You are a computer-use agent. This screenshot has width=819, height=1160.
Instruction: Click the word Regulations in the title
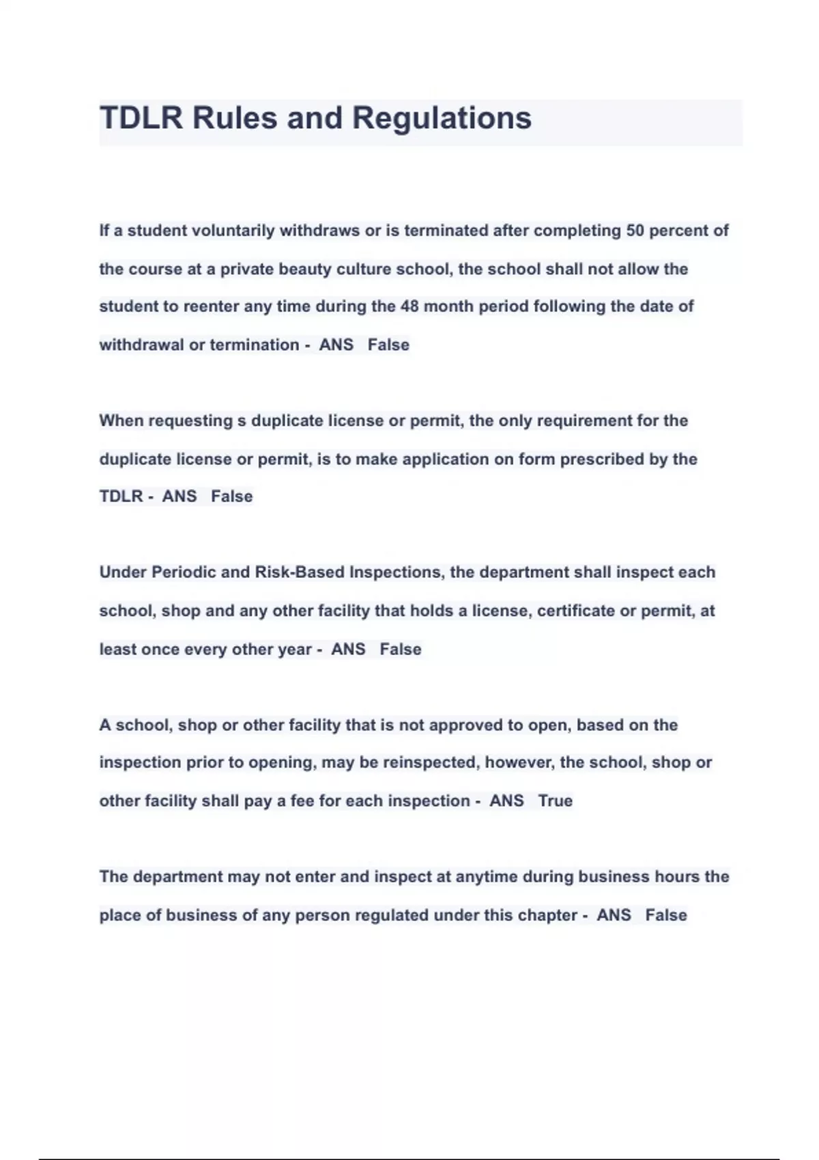(x=442, y=119)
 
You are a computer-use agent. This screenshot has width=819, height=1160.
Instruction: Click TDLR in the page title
(x=141, y=118)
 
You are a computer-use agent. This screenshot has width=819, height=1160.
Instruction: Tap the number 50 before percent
(x=635, y=231)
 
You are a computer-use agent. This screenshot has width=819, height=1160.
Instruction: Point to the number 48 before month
(x=409, y=306)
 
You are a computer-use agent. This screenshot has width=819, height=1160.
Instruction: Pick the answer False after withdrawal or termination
(x=388, y=345)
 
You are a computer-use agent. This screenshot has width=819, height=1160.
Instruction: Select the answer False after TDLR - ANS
(x=231, y=496)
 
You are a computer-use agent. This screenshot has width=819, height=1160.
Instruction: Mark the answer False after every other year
(x=401, y=649)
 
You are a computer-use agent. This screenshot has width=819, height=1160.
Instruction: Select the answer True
(x=555, y=800)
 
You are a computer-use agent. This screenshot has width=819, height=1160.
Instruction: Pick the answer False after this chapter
(x=666, y=915)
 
